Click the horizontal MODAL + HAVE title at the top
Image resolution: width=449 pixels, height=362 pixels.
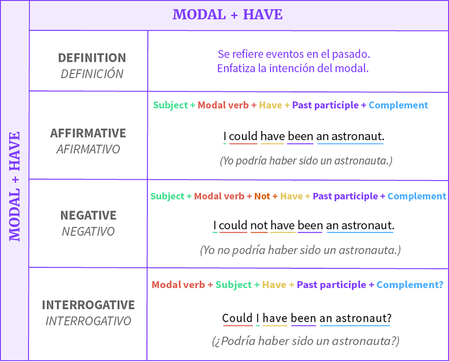(227, 15)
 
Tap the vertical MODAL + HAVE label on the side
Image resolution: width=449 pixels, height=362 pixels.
(15, 186)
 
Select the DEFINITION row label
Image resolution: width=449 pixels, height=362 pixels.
(92, 58)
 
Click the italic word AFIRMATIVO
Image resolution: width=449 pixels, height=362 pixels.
(88, 149)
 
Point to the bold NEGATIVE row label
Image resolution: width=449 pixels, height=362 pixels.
(88, 215)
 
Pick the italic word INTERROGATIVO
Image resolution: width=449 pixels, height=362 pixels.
(88, 321)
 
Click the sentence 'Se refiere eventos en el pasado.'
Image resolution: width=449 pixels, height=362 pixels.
(294, 54)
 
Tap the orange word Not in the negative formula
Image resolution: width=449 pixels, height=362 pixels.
(262, 196)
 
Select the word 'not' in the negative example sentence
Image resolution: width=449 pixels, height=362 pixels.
(259, 225)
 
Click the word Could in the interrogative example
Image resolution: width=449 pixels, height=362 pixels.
(237, 318)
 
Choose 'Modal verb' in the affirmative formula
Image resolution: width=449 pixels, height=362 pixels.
(223, 105)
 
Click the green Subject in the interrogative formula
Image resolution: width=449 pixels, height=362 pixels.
(233, 285)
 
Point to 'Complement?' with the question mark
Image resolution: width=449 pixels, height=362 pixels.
(410, 285)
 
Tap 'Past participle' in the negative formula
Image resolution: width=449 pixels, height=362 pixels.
(345, 196)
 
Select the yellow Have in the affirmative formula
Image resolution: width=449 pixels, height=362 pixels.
(270, 105)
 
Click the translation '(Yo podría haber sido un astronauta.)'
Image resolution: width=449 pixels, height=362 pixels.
(306, 160)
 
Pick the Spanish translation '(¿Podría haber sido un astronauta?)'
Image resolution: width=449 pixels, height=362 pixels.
(306, 341)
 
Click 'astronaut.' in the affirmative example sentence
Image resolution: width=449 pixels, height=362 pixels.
(358, 136)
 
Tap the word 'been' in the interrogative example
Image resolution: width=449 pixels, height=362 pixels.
(303, 318)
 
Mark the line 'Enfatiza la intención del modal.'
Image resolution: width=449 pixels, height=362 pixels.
(293, 68)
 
